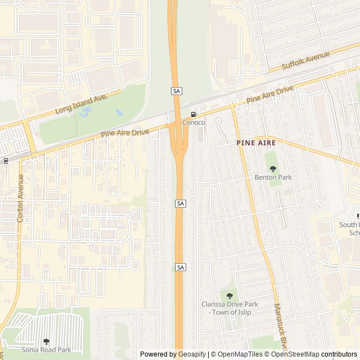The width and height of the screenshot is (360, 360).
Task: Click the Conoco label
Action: point(193,122)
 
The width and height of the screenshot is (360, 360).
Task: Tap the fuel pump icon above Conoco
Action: point(193,114)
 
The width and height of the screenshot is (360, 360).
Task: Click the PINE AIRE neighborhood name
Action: point(256,143)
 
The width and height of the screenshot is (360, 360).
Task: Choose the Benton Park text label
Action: point(273,177)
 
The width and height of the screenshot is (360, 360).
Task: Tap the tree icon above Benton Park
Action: point(273,169)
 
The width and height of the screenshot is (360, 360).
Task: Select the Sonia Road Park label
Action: point(47,349)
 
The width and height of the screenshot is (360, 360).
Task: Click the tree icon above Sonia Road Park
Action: point(47,341)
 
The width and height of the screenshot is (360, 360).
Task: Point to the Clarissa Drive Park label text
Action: point(229,308)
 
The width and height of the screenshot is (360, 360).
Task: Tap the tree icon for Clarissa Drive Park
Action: point(229,296)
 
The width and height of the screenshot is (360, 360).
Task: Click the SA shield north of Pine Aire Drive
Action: point(177,91)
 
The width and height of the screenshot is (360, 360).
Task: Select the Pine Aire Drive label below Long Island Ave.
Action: point(125,133)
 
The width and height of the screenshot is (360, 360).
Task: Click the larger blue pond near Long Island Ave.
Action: point(85,112)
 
